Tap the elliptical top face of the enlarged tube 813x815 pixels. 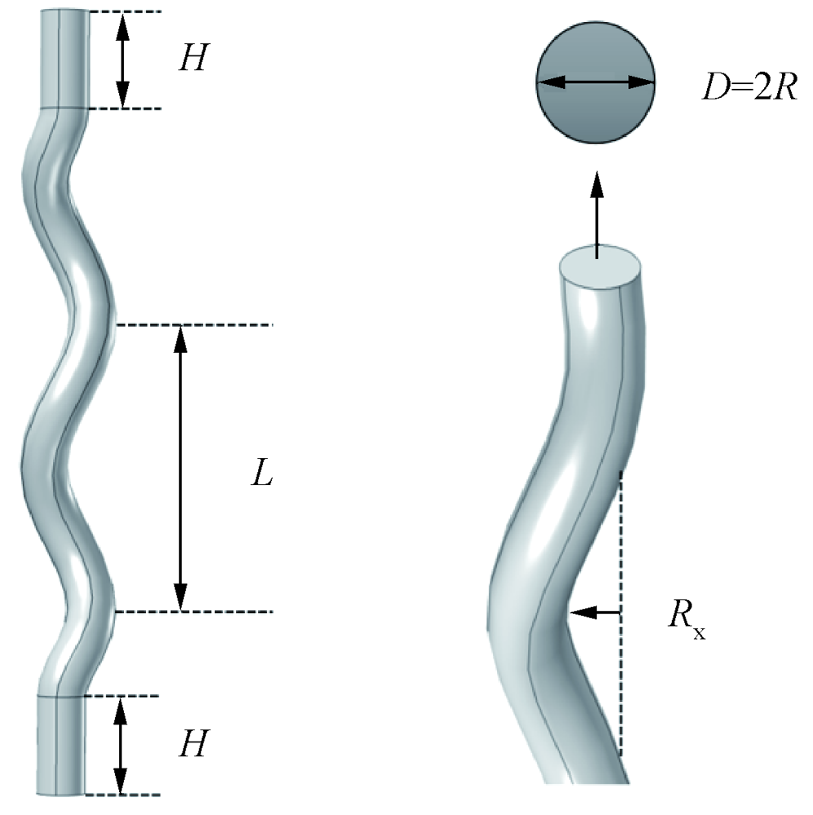pyautogui.click(x=601, y=267)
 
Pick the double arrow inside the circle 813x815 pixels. pyautogui.click(x=595, y=81)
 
